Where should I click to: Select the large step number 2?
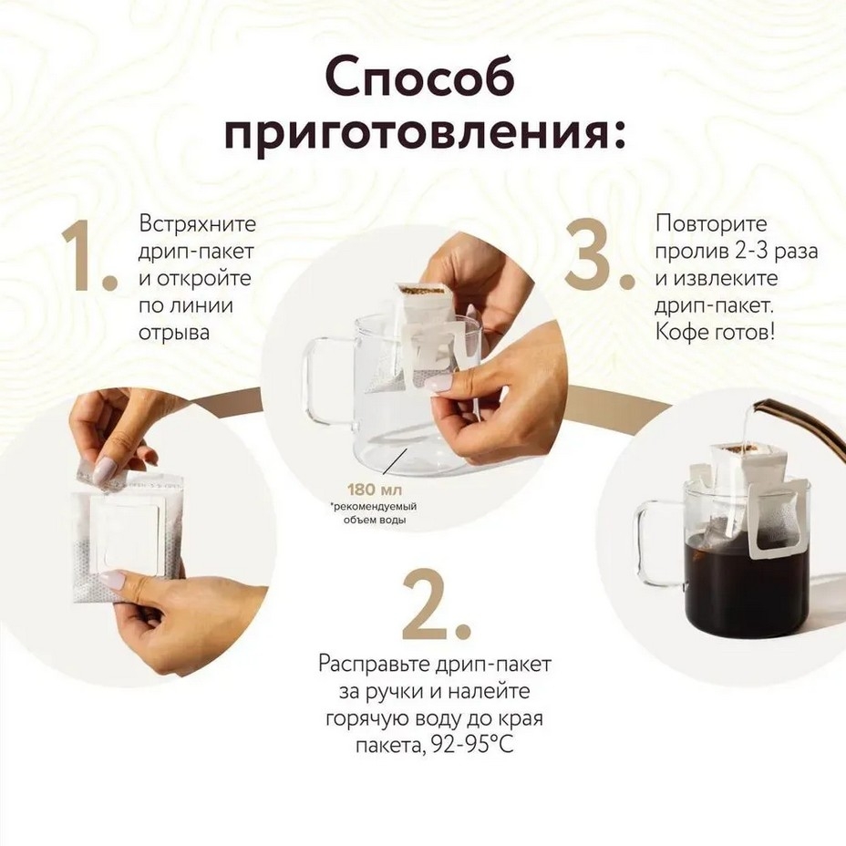(436, 604)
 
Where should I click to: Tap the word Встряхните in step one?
(198, 223)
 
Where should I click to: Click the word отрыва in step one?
(174, 334)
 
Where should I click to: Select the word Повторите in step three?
(710, 223)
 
